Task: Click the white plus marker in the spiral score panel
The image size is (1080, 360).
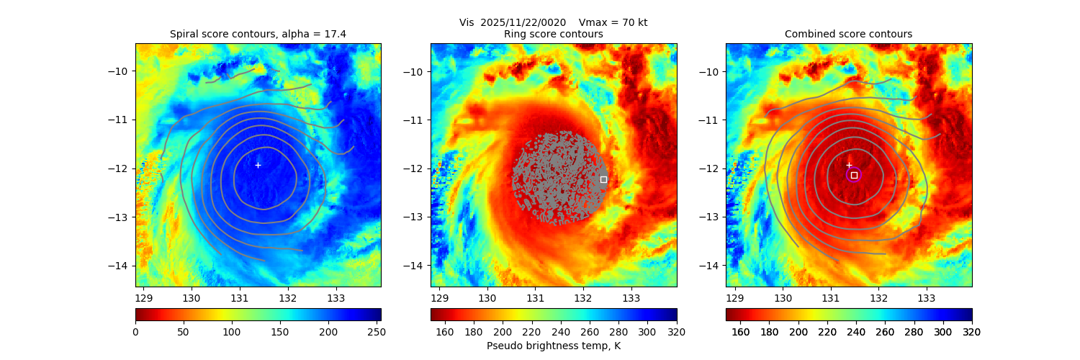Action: tap(258, 165)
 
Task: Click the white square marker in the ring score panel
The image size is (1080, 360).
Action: tap(603, 179)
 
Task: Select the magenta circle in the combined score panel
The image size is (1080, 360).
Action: tap(854, 175)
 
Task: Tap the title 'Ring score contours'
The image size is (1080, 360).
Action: tap(553, 34)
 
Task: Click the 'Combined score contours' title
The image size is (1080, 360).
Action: tap(848, 34)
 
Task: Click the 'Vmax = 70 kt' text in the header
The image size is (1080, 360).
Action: tap(613, 22)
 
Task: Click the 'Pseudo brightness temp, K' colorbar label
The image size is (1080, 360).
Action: tap(553, 346)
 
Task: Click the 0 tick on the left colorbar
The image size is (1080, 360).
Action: tap(135, 332)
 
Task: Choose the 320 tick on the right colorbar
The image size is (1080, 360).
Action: tap(972, 332)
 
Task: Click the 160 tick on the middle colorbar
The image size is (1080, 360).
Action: tap(445, 332)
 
